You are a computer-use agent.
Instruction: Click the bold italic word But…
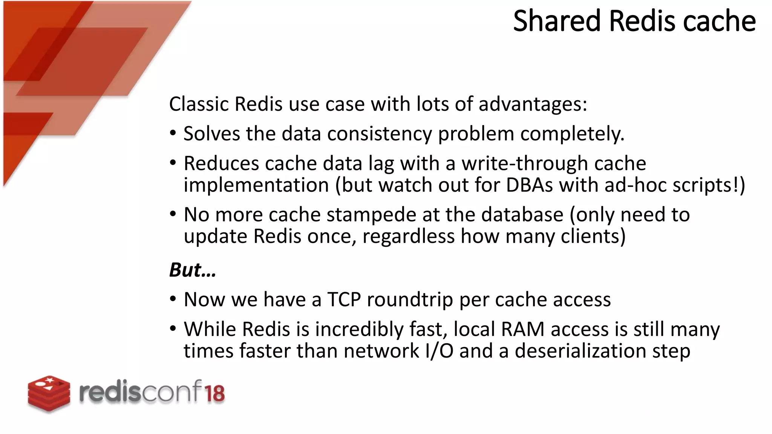coord(192,270)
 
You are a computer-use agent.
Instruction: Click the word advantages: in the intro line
coord(533,104)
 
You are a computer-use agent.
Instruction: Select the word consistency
coord(379,134)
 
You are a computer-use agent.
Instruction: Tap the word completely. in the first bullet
coord(572,134)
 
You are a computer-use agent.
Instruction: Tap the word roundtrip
coord(410,300)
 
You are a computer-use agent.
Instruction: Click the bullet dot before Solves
coord(173,134)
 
